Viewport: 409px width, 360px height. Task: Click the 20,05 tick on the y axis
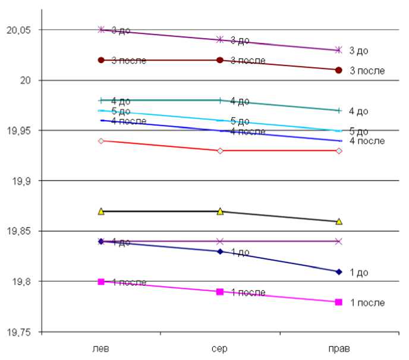point(21,30)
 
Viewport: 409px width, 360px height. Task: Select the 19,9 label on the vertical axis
point(26,181)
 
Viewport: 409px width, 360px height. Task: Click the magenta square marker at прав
point(339,302)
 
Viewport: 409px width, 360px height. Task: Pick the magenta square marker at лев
point(101,282)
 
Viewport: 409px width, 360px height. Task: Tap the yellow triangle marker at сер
point(220,211)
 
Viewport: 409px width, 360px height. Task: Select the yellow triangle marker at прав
point(339,221)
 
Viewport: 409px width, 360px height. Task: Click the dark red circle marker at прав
point(339,70)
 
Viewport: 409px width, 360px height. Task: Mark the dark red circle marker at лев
point(101,60)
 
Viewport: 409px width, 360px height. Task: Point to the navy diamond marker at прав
point(339,271)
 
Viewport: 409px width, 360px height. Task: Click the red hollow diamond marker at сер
point(220,151)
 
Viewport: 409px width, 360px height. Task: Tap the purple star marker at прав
point(339,50)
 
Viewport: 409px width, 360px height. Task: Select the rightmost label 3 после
point(367,71)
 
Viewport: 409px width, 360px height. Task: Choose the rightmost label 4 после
point(367,141)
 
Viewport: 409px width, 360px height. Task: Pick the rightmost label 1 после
point(367,302)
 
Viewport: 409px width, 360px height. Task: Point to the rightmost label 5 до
point(358,131)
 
